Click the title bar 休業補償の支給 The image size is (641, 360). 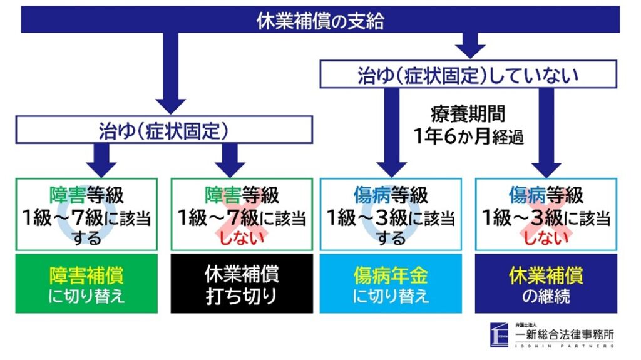point(320,21)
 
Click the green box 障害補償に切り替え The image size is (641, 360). point(86,284)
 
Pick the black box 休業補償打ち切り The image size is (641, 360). point(241,284)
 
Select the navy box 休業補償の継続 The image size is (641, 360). point(544,284)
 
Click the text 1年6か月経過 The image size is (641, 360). point(468,136)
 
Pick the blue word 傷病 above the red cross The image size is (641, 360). point(525,195)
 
